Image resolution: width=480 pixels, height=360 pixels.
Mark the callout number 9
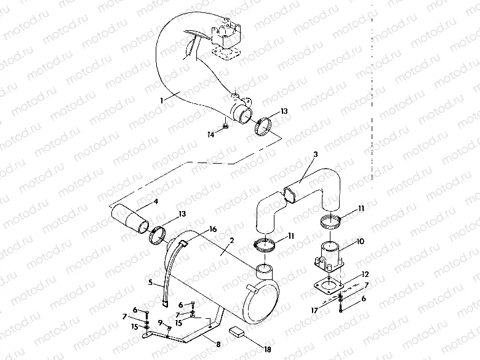pyautogui.click(x=159, y=322)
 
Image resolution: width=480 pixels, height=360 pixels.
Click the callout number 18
pyautogui.click(x=267, y=350)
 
